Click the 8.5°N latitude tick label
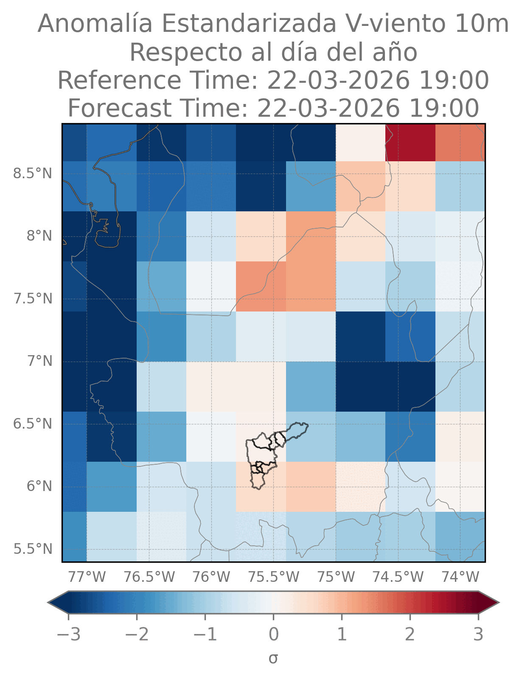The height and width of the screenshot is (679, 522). [33, 174]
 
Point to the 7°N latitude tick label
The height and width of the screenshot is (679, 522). [39, 362]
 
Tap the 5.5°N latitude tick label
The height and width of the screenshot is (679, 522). [33, 549]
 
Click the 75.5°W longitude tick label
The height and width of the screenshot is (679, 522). [273, 577]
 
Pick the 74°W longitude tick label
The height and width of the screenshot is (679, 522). [460, 577]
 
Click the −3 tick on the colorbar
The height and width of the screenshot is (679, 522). [69, 634]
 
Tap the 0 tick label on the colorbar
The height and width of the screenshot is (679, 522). [274, 634]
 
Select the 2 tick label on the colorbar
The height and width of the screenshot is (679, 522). [410, 634]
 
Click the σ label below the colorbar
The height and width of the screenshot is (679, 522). [273, 658]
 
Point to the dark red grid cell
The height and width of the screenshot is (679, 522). [410, 143]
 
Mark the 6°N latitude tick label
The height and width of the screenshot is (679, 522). [39, 486]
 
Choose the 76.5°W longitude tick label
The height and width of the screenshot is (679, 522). [149, 577]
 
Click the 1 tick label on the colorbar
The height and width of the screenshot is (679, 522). [342, 634]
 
